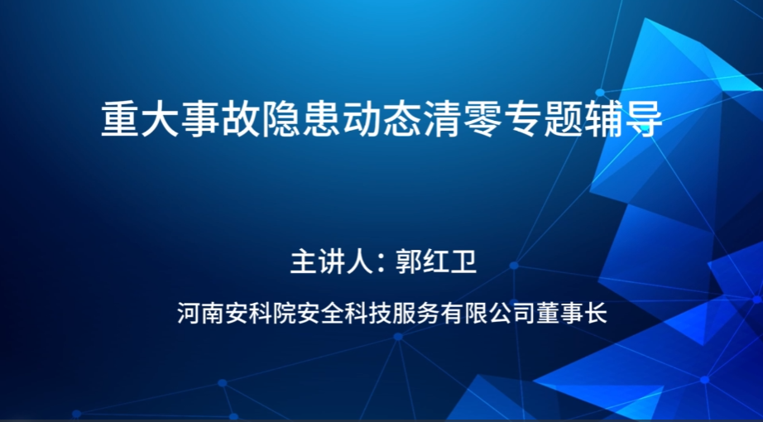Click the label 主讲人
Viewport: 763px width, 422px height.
[331, 261]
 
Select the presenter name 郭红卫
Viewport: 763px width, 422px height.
[435, 261]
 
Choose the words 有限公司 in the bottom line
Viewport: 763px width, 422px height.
[487, 313]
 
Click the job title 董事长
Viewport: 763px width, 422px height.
[572, 313]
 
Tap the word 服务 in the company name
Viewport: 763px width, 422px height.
[415, 313]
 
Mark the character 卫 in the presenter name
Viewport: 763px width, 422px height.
[463, 261]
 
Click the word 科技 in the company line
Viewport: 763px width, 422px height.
[367, 313]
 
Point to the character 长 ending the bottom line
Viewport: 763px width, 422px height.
[596, 313]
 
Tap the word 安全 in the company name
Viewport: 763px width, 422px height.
[319, 313]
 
